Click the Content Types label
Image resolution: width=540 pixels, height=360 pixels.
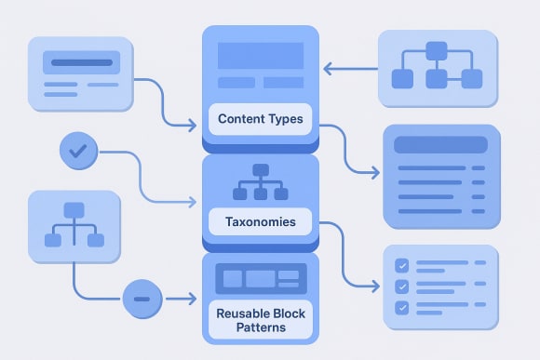pyautogui.click(x=260, y=119)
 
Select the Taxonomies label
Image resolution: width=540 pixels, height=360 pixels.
pyautogui.click(x=260, y=223)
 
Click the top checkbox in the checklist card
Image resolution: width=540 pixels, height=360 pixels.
pyautogui.click(x=402, y=265)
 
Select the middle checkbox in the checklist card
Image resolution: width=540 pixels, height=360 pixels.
pyautogui.click(x=402, y=287)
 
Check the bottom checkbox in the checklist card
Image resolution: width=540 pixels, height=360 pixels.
pyautogui.click(x=402, y=307)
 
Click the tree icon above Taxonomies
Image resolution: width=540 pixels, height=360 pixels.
pyautogui.click(x=261, y=181)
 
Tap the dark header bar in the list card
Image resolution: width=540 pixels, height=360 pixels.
pyautogui.click(x=440, y=145)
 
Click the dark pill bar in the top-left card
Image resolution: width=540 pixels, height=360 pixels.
pyautogui.click(x=81, y=64)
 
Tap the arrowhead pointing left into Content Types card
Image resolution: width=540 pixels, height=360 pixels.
pyautogui.click(x=327, y=67)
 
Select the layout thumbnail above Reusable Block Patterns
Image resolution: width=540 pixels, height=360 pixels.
pyautogui.click(x=260, y=278)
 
